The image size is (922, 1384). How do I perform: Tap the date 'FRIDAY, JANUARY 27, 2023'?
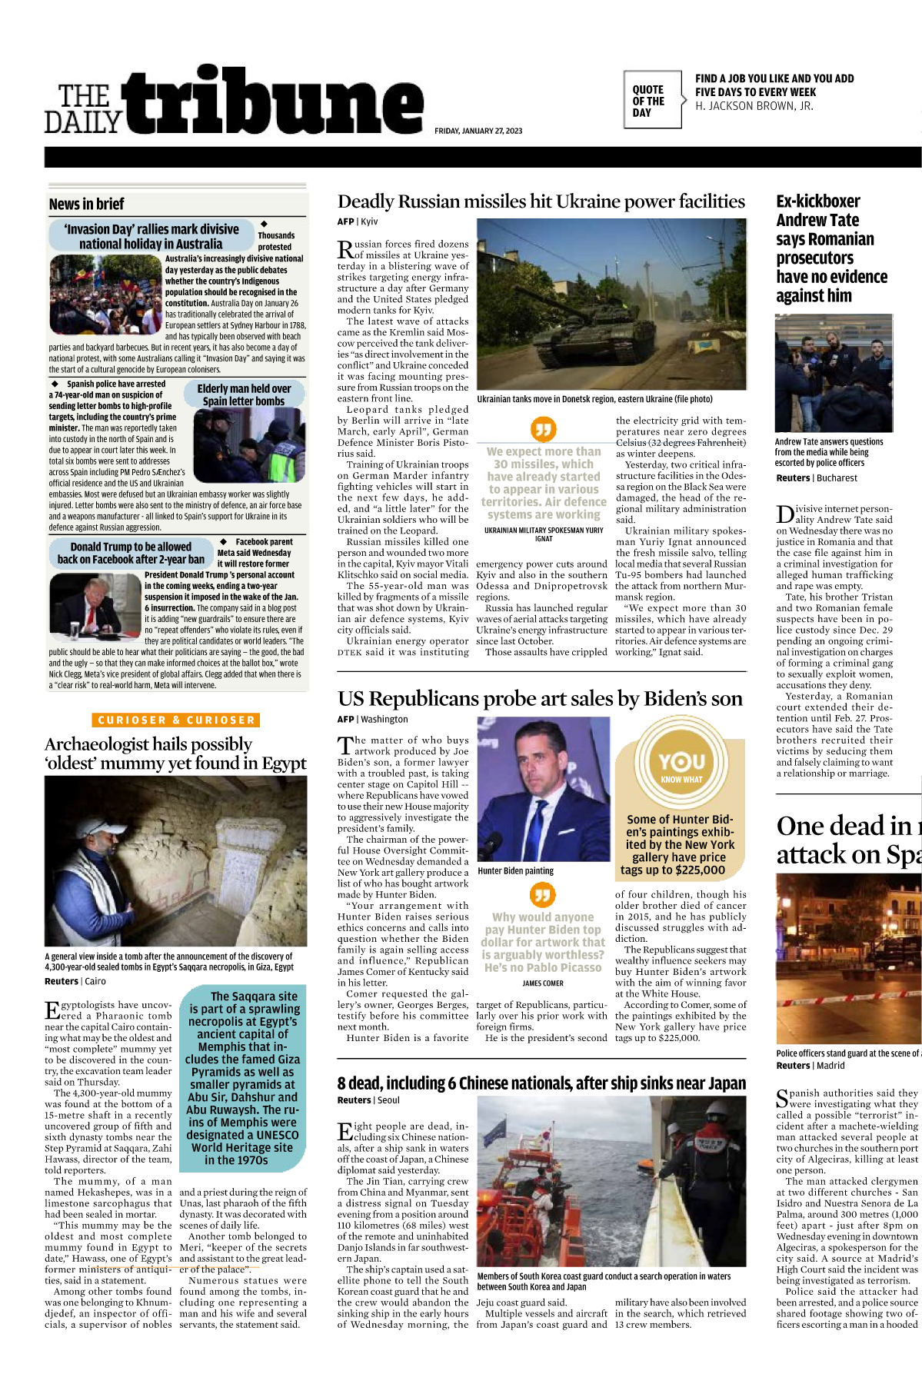[x=478, y=131]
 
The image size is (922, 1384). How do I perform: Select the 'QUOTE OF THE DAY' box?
[x=651, y=100]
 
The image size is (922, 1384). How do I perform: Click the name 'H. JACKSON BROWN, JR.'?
[x=754, y=106]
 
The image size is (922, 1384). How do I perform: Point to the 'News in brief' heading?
[x=86, y=204]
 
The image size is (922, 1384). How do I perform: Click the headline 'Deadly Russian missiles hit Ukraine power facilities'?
[x=541, y=201]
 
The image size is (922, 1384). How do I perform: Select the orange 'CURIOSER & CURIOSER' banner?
[x=176, y=720]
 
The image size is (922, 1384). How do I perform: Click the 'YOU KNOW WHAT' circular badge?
[x=681, y=766]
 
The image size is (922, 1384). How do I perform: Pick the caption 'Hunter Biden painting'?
[x=515, y=871]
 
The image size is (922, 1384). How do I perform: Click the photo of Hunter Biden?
[x=543, y=789]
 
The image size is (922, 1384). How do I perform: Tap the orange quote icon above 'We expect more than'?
[x=544, y=429]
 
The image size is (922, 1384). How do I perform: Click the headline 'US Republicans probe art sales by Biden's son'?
[x=540, y=698]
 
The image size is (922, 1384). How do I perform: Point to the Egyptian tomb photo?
[x=175, y=861]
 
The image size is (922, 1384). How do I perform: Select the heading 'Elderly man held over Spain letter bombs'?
[x=244, y=394]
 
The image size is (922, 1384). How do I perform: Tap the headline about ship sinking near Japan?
[x=541, y=1083]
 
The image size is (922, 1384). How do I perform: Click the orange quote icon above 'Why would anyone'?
[x=543, y=895]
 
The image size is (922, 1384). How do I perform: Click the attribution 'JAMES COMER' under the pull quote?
[x=543, y=983]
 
